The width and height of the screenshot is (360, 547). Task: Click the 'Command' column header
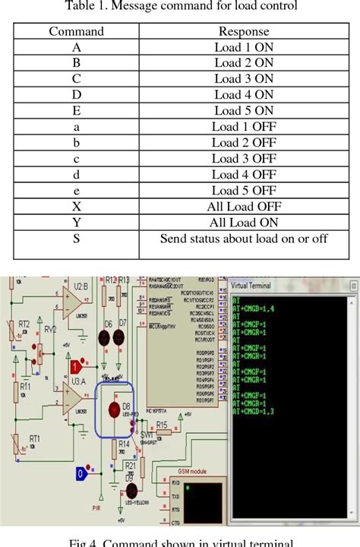point(76,32)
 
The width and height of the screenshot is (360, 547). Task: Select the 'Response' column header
point(243,32)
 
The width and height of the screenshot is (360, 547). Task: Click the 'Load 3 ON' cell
point(243,79)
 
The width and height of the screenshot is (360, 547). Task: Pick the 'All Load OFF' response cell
point(243,207)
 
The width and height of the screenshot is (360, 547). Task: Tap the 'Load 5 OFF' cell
point(243,191)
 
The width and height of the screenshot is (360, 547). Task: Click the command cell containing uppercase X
point(76,207)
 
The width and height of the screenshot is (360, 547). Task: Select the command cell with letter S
point(76,239)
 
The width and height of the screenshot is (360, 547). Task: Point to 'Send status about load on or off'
point(243,239)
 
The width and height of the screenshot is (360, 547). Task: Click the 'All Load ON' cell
point(243,223)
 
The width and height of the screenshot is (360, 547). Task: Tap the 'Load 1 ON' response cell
point(243,47)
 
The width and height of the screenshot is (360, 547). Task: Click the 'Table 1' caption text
point(180,8)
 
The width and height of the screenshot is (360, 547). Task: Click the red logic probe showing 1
point(75,367)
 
